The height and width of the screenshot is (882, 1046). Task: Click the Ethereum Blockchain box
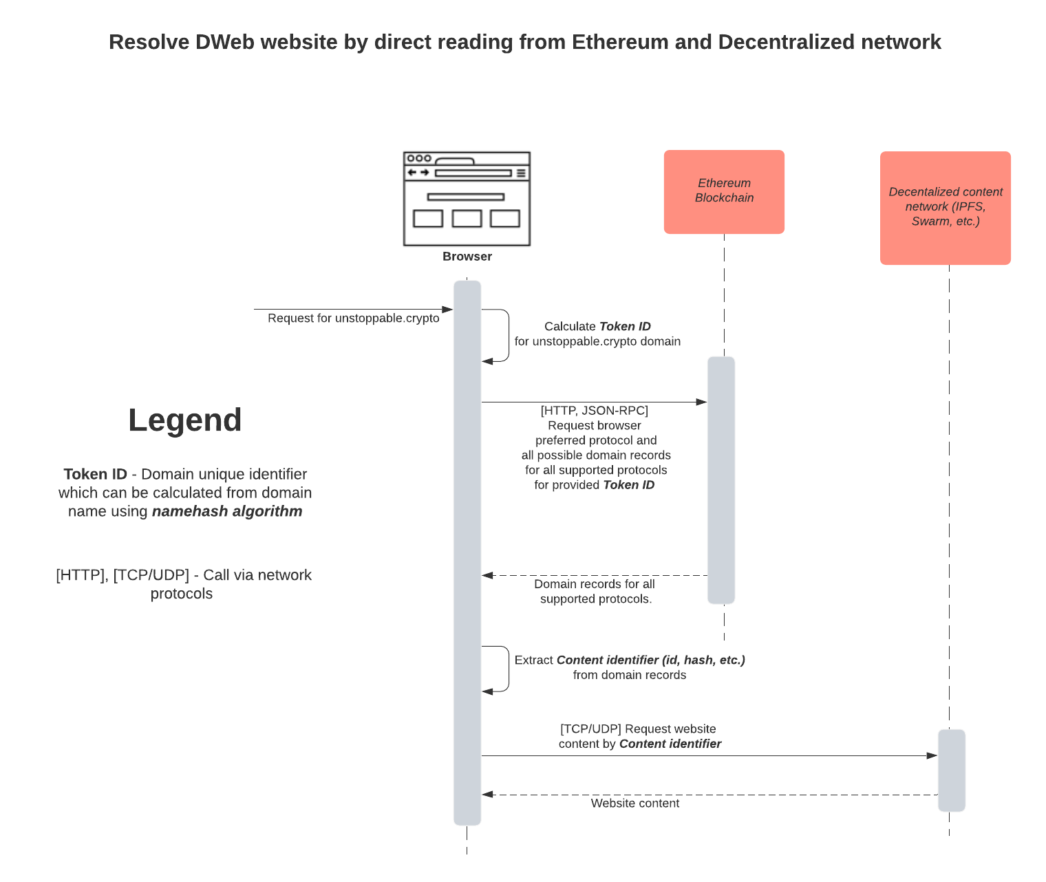coord(724,191)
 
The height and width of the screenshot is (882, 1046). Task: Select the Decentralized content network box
coord(945,207)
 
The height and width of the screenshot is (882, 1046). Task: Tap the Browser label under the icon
coord(467,257)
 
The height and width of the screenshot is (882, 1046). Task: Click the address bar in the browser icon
coord(473,173)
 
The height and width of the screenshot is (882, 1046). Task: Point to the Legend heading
coord(184,420)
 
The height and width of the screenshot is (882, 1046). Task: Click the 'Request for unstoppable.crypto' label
coord(353,319)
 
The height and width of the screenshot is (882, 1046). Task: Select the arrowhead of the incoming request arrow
coord(447,310)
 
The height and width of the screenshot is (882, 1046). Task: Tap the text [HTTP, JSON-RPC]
coord(594,411)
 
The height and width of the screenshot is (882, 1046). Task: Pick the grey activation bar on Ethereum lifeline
coord(721,480)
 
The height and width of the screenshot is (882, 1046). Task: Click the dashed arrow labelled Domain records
coord(595,575)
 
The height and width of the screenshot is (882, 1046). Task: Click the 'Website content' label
coord(634,804)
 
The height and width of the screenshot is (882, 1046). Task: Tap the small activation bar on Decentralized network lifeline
coord(951,771)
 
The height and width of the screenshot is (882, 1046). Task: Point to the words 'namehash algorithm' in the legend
coord(227,512)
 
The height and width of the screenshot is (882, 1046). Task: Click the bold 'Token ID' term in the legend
coord(95,475)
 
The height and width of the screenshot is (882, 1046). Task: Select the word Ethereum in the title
coord(620,42)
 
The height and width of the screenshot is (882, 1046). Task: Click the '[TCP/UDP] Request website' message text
coord(638,729)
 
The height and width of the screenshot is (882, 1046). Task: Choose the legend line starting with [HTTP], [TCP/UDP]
coord(183,576)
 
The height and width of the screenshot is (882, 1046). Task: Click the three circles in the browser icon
coord(419,158)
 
